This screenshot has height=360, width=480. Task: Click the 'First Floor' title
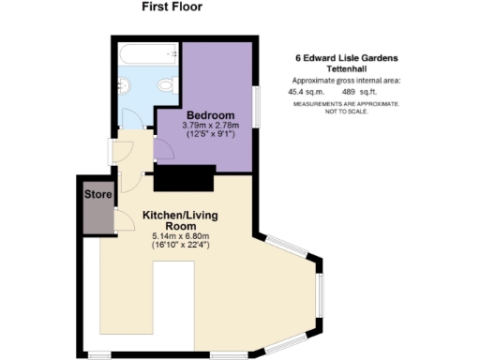pos(172,7)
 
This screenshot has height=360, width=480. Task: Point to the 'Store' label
pos(97,194)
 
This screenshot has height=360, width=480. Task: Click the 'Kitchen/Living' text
pos(182,214)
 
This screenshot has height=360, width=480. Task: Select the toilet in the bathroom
pos(167,85)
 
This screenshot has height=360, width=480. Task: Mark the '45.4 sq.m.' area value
pos(306,92)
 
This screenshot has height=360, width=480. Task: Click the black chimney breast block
pos(185,176)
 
